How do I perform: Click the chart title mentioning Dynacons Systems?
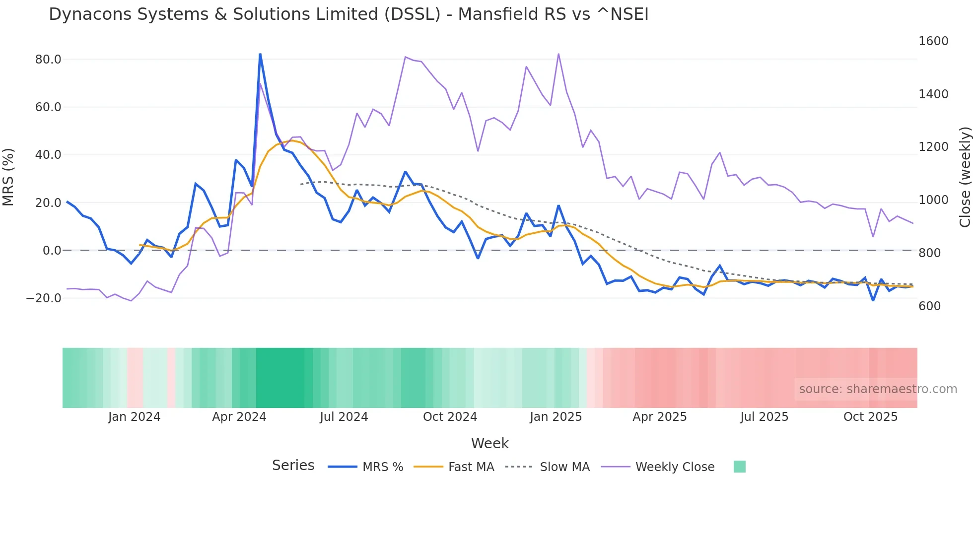click(348, 14)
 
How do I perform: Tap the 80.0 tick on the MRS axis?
click(48, 60)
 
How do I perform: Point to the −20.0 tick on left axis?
click(44, 298)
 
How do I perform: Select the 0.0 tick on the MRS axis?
click(52, 251)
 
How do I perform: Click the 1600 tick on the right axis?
click(933, 41)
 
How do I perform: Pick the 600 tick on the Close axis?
click(929, 306)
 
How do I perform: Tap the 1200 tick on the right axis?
click(933, 147)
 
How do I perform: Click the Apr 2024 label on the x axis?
click(239, 417)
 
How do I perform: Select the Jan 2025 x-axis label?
click(556, 417)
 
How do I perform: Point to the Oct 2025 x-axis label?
click(870, 417)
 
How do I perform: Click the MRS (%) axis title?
click(8, 177)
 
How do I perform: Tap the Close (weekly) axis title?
click(965, 177)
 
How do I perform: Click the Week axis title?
click(489, 443)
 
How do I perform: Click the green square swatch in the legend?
click(739, 467)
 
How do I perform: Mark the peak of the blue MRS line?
click(260, 54)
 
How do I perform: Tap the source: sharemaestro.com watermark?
click(878, 389)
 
